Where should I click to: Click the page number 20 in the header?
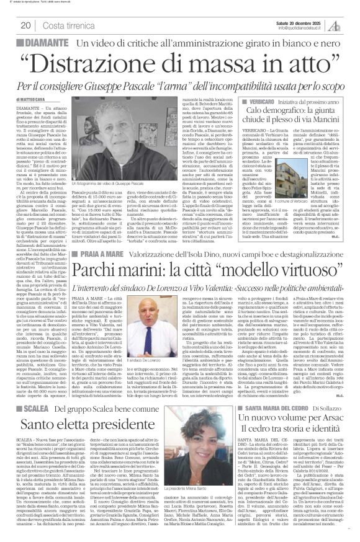point(25,25)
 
